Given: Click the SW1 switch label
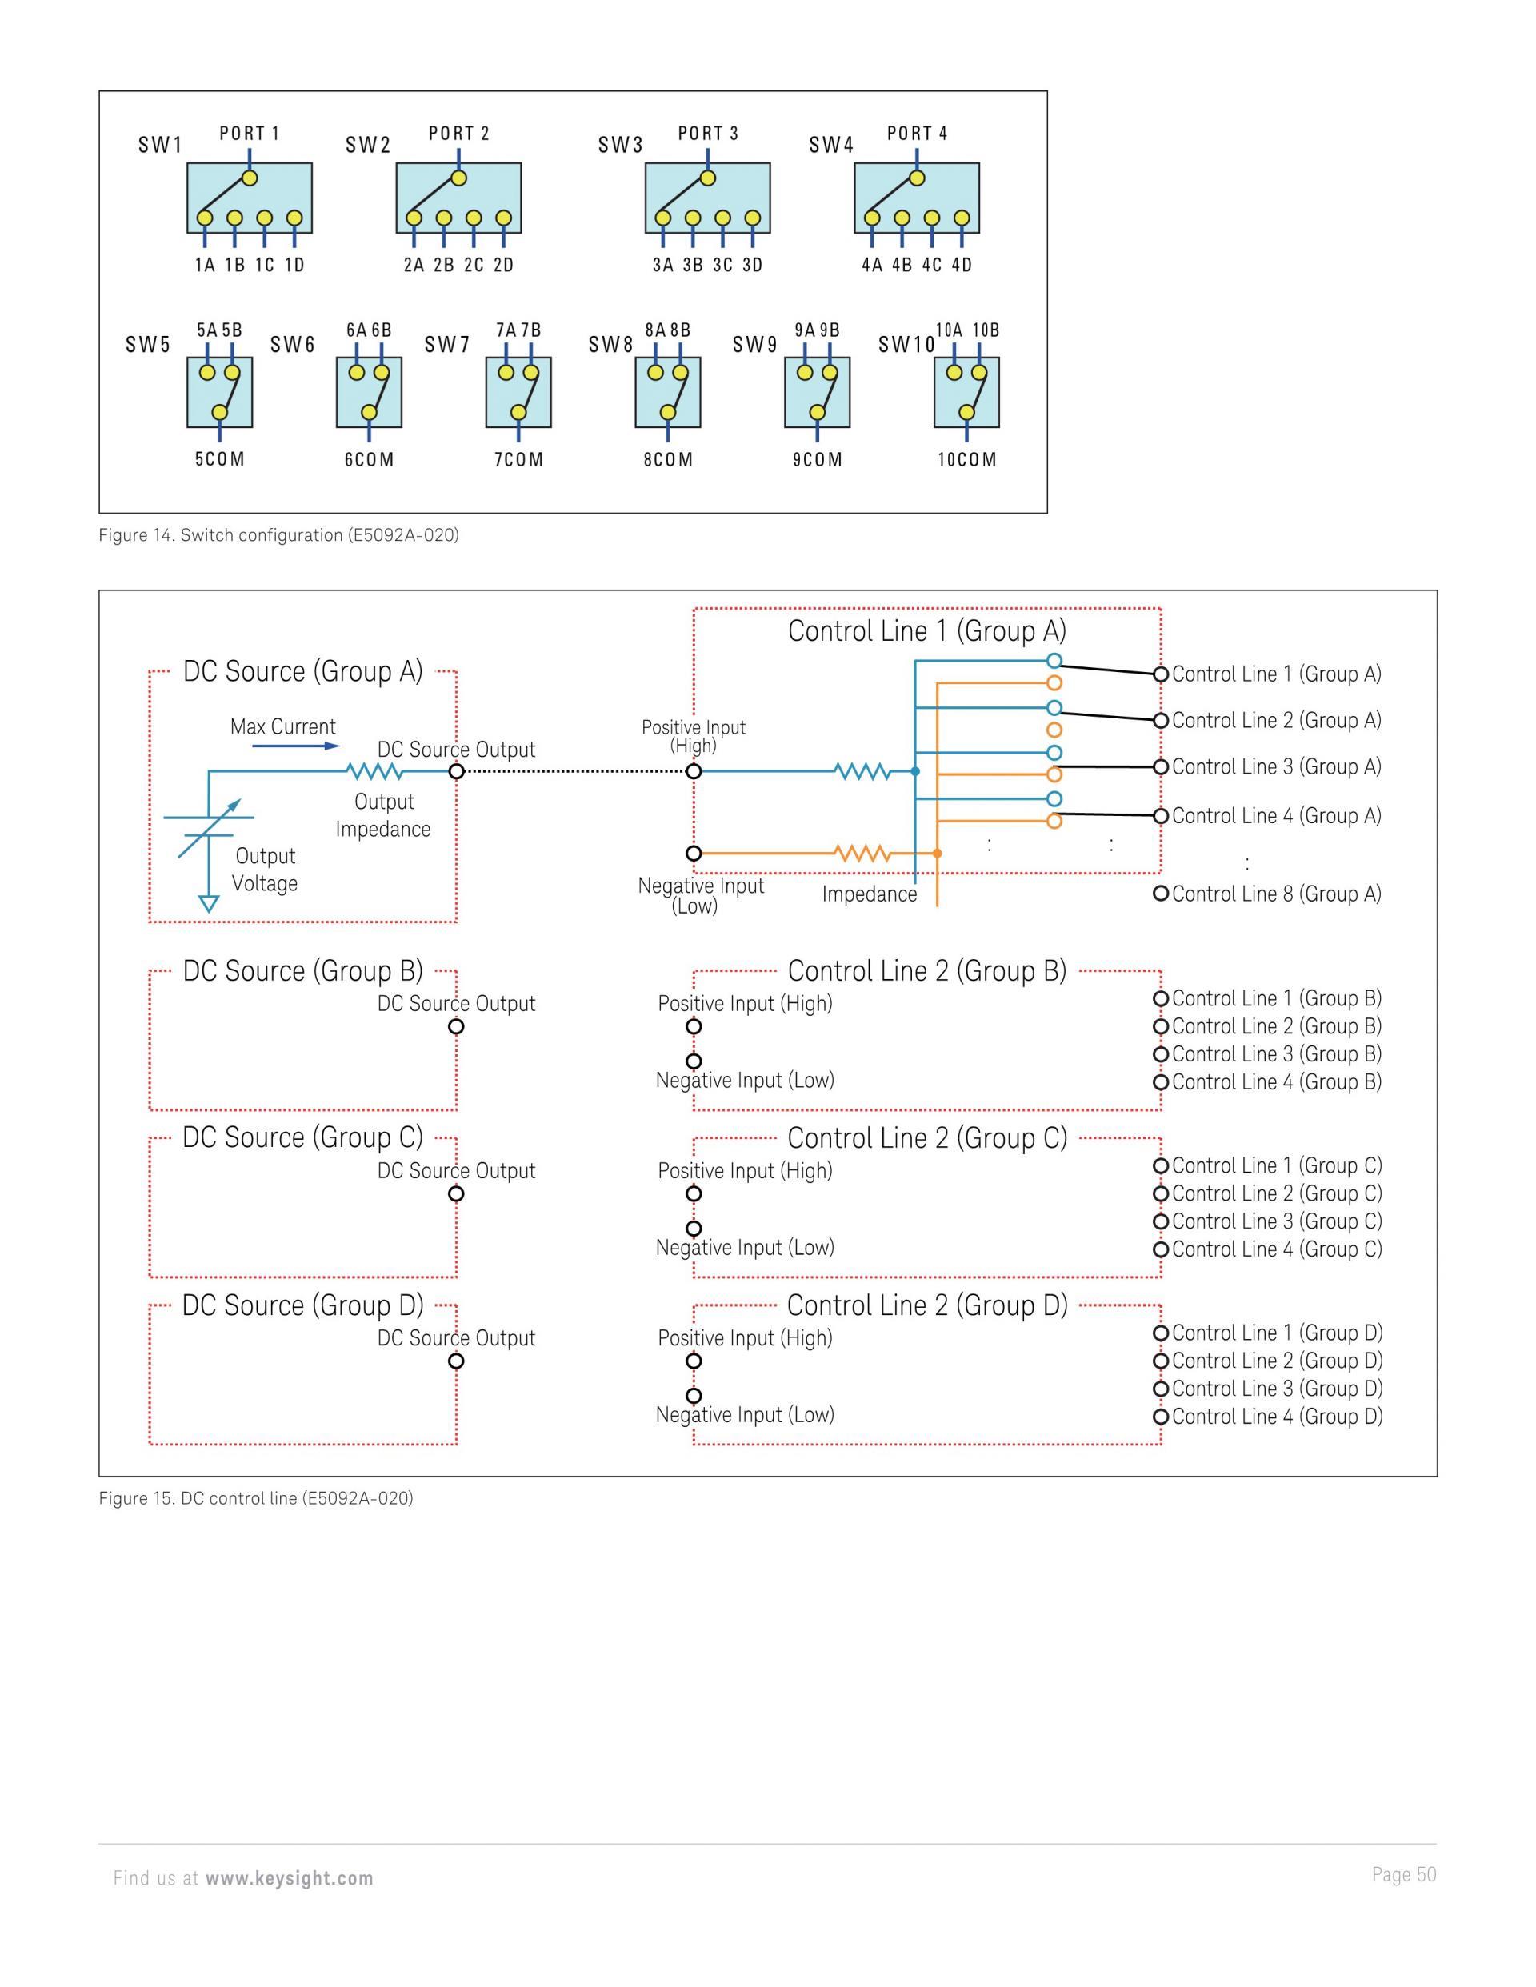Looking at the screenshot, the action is pos(160,145).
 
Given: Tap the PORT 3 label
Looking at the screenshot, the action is pos(708,134).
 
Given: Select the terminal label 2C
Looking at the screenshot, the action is pos(473,265).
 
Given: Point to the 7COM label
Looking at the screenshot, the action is pos(518,459).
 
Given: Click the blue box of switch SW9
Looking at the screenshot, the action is pos(817,392).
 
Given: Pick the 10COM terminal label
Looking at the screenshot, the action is pos(967,459).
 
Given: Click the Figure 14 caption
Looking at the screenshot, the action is pos(278,535).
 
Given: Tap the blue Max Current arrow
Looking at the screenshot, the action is pos(296,746).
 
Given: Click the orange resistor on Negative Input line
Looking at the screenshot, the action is pos(862,854).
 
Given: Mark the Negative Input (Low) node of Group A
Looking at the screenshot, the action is pos(694,854).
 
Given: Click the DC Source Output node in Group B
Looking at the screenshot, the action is pos(457,1026).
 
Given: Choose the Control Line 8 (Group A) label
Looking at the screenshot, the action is pos(1277,894).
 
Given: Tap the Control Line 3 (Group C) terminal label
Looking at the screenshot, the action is pos(1277,1221).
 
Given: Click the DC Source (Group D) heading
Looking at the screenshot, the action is pos(303,1305).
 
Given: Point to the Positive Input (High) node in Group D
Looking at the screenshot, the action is pos(694,1361).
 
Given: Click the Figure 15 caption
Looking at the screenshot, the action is pos(256,1497).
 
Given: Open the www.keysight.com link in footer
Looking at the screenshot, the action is pos(290,1878).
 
